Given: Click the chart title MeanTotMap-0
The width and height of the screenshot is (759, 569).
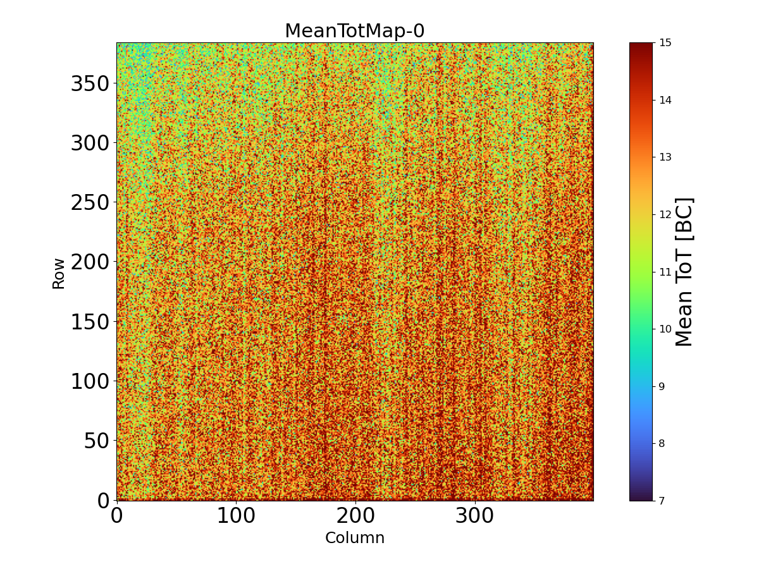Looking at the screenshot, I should click(x=354, y=31).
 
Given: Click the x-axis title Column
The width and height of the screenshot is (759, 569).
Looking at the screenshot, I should click(x=354, y=538).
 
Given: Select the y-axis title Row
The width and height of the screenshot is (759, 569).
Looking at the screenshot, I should click(x=59, y=273).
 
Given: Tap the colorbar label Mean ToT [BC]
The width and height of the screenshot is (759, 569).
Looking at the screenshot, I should click(x=684, y=272).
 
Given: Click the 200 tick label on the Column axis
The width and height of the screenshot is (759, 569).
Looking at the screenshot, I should click(x=355, y=516).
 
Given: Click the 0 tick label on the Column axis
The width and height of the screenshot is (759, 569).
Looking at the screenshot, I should click(x=116, y=516).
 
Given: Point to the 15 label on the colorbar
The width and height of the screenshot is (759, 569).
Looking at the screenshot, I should click(x=665, y=43).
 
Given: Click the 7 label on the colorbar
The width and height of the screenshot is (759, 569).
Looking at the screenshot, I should click(x=662, y=501).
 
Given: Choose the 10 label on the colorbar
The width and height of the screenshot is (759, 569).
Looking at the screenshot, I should click(x=665, y=329).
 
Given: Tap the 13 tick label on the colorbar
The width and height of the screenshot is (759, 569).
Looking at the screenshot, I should click(x=665, y=157).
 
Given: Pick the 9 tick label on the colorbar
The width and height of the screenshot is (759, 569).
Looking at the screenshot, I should click(x=662, y=386).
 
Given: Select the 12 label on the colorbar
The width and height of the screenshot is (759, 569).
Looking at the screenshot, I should click(x=665, y=214).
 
